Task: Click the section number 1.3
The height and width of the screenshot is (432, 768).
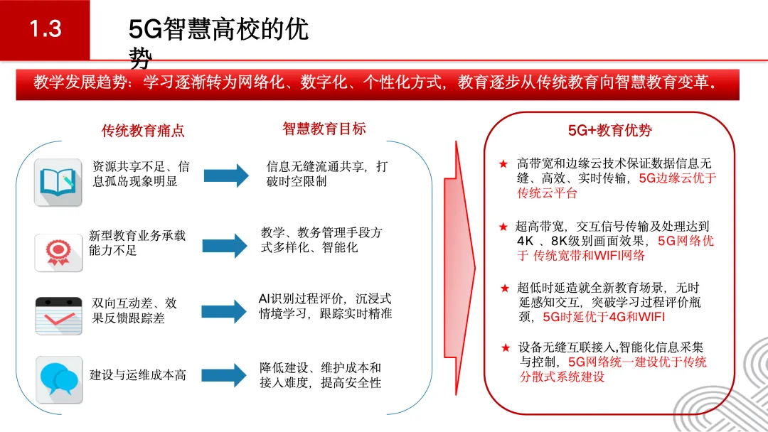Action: tap(45, 29)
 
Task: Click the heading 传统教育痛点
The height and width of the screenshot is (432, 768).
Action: tap(143, 131)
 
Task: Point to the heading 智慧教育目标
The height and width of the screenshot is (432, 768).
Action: tap(324, 129)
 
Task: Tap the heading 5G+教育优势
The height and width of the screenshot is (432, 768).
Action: tap(609, 131)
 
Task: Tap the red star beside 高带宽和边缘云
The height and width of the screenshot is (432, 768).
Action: tap(503, 164)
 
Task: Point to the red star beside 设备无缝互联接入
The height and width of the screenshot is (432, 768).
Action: tap(505, 348)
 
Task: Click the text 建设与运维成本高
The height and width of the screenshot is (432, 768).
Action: tap(138, 375)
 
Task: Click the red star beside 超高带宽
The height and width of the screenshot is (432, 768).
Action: tap(503, 227)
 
